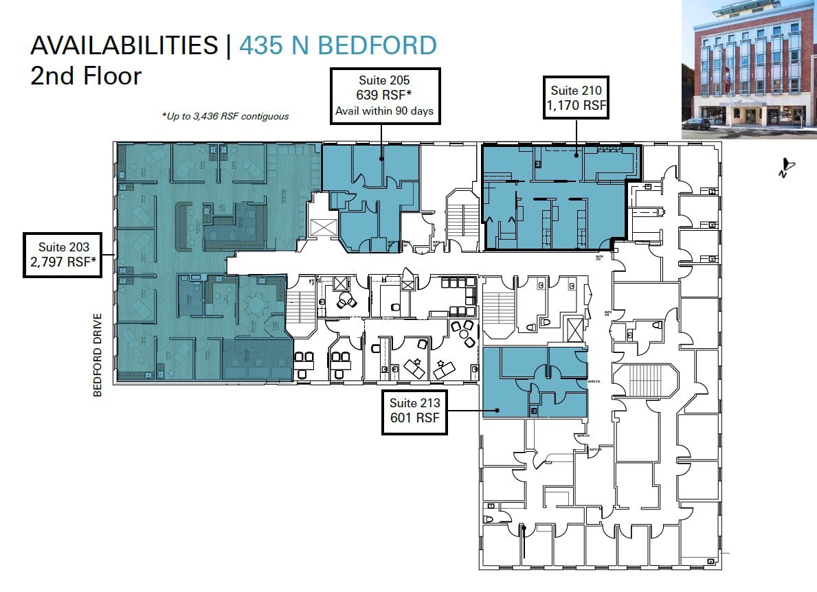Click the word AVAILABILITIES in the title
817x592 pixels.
(x=124, y=46)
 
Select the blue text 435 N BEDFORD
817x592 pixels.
(x=337, y=46)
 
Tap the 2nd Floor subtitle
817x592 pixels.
(x=86, y=76)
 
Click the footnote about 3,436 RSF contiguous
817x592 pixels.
(x=225, y=116)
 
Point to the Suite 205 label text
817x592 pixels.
(x=384, y=81)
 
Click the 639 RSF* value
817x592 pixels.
(x=384, y=95)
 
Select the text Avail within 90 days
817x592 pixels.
(x=384, y=111)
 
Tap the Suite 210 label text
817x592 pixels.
(x=576, y=91)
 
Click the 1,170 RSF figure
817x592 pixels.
(x=576, y=106)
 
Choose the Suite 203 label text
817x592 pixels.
(x=64, y=247)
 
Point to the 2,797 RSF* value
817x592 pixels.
(x=64, y=262)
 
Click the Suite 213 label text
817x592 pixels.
(x=414, y=402)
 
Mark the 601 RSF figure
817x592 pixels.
(x=414, y=418)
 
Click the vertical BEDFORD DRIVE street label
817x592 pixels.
(x=98, y=355)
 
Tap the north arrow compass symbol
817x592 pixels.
(x=788, y=166)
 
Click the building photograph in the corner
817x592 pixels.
(x=749, y=69)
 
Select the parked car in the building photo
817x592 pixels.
(x=697, y=124)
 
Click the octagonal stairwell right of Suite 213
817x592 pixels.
(x=644, y=388)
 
